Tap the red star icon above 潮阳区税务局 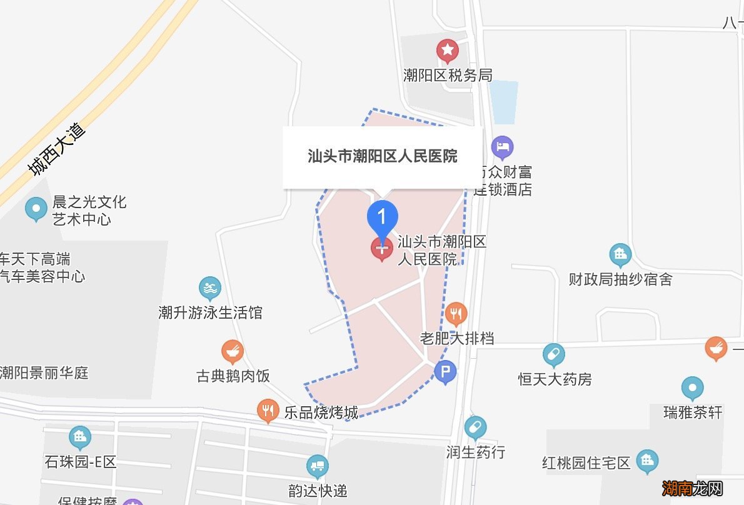click(x=447, y=50)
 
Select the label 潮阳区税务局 click(x=448, y=76)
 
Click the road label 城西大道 click(x=56, y=150)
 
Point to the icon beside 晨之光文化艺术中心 click(x=36, y=209)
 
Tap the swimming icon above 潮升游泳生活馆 click(x=210, y=288)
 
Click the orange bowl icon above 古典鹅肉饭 click(x=233, y=352)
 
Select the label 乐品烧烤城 click(x=321, y=412)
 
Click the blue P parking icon click(x=445, y=373)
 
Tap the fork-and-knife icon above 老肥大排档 click(x=456, y=312)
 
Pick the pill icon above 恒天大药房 click(x=553, y=355)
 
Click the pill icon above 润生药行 click(x=475, y=428)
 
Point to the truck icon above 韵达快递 click(x=318, y=466)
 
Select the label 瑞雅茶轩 click(x=693, y=412)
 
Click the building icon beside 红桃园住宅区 click(x=647, y=462)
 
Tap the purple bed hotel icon click(x=503, y=148)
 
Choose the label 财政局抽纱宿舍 click(x=620, y=279)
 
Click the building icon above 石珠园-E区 click(x=80, y=437)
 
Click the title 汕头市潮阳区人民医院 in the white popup click(x=382, y=156)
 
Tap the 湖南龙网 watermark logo click(x=692, y=487)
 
